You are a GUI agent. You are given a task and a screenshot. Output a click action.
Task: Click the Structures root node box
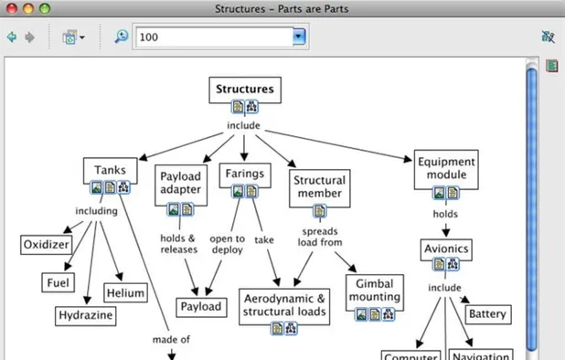tap(244, 90)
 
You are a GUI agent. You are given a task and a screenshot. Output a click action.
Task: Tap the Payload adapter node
tap(180, 183)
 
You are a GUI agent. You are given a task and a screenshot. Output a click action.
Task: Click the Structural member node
tap(318, 186)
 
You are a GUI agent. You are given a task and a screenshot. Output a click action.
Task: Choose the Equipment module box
tap(445, 168)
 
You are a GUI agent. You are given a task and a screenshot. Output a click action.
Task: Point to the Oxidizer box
tap(47, 244)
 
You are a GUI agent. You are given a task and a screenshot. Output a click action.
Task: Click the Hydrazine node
tap(86, 315)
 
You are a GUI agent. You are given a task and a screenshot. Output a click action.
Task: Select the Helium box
tap(125, 292)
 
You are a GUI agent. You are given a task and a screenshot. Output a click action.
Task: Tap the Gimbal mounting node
tap(374, 290)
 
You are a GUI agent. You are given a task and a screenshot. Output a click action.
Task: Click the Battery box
tap(486, 314)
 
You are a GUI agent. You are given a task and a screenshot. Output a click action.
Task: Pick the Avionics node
tap(446, 248)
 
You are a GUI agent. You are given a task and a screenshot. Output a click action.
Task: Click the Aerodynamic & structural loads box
tap(283, 305)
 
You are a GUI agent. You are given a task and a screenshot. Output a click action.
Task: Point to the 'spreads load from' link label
tap(319, 238)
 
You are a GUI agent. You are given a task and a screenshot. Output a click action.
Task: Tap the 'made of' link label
tap(171, 340)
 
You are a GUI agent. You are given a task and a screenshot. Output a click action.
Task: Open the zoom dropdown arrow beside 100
tap(299, 37)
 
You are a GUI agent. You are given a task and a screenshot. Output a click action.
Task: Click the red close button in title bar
tap(11, 8)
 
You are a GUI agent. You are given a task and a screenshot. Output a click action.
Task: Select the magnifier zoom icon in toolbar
tap(122, 37)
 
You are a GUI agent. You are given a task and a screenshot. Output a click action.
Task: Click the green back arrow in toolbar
tap(12, 37)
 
